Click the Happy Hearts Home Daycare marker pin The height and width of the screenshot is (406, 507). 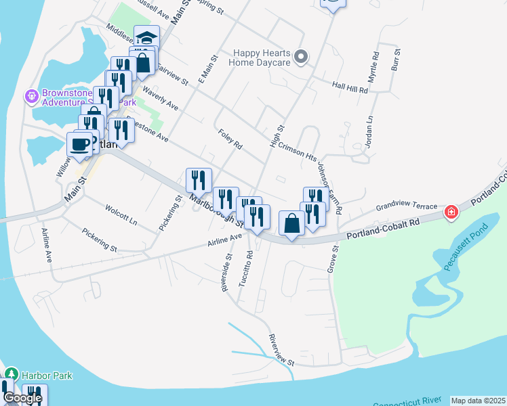302,58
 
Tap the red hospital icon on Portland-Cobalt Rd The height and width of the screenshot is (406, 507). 451,213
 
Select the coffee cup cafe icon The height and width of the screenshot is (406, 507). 79,144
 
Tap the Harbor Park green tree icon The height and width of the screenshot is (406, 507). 11,374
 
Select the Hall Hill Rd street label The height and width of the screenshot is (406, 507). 350,88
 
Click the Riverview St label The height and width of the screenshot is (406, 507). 281,350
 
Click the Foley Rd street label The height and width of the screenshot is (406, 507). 230,139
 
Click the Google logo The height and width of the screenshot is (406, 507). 22,398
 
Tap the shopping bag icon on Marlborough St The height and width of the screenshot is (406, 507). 291,223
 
